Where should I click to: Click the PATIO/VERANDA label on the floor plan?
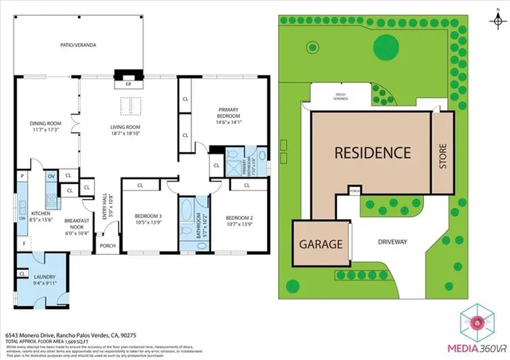79,45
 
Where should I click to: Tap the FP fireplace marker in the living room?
127,83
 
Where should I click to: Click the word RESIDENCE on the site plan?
371,152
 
